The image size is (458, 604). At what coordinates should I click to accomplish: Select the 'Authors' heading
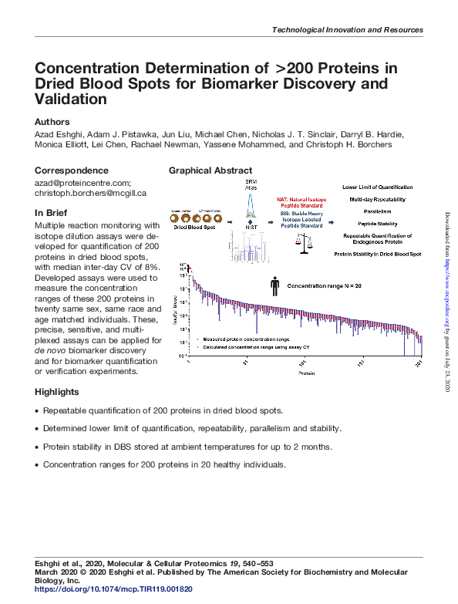click(52, 122)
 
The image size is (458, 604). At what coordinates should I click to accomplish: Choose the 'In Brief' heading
click(51, 212)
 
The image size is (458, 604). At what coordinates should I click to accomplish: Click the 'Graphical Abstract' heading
click(210, 170)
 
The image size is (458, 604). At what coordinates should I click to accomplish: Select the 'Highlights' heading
click(57, 392)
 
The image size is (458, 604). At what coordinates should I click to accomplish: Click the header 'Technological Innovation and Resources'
click(348, 29)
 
